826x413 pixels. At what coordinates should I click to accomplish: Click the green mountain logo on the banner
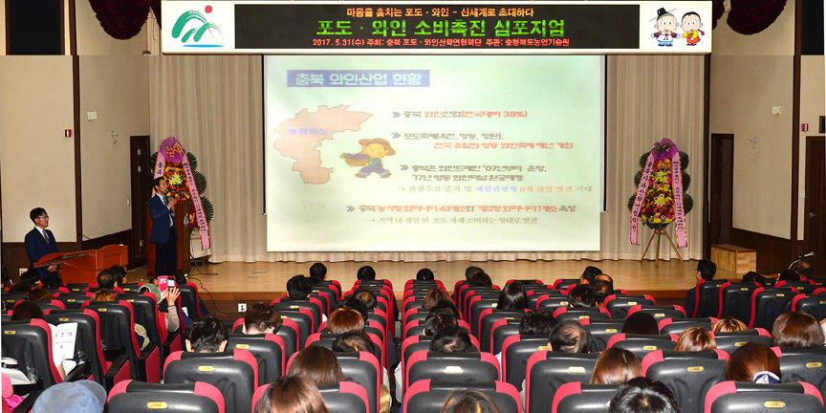click(x=196, y=27)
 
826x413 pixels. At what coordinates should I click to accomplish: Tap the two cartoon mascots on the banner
click(x=678, y=27)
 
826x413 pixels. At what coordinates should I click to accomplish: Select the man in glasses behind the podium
click(x=40, y=238)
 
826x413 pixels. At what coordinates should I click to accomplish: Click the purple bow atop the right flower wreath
click(x=664, y=150)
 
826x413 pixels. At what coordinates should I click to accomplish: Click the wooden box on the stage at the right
click(x=733, y=259)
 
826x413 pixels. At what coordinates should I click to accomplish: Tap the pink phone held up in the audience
click(x=163, y=283)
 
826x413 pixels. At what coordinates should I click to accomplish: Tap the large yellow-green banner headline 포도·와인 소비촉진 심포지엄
click(x=441, y=26)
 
